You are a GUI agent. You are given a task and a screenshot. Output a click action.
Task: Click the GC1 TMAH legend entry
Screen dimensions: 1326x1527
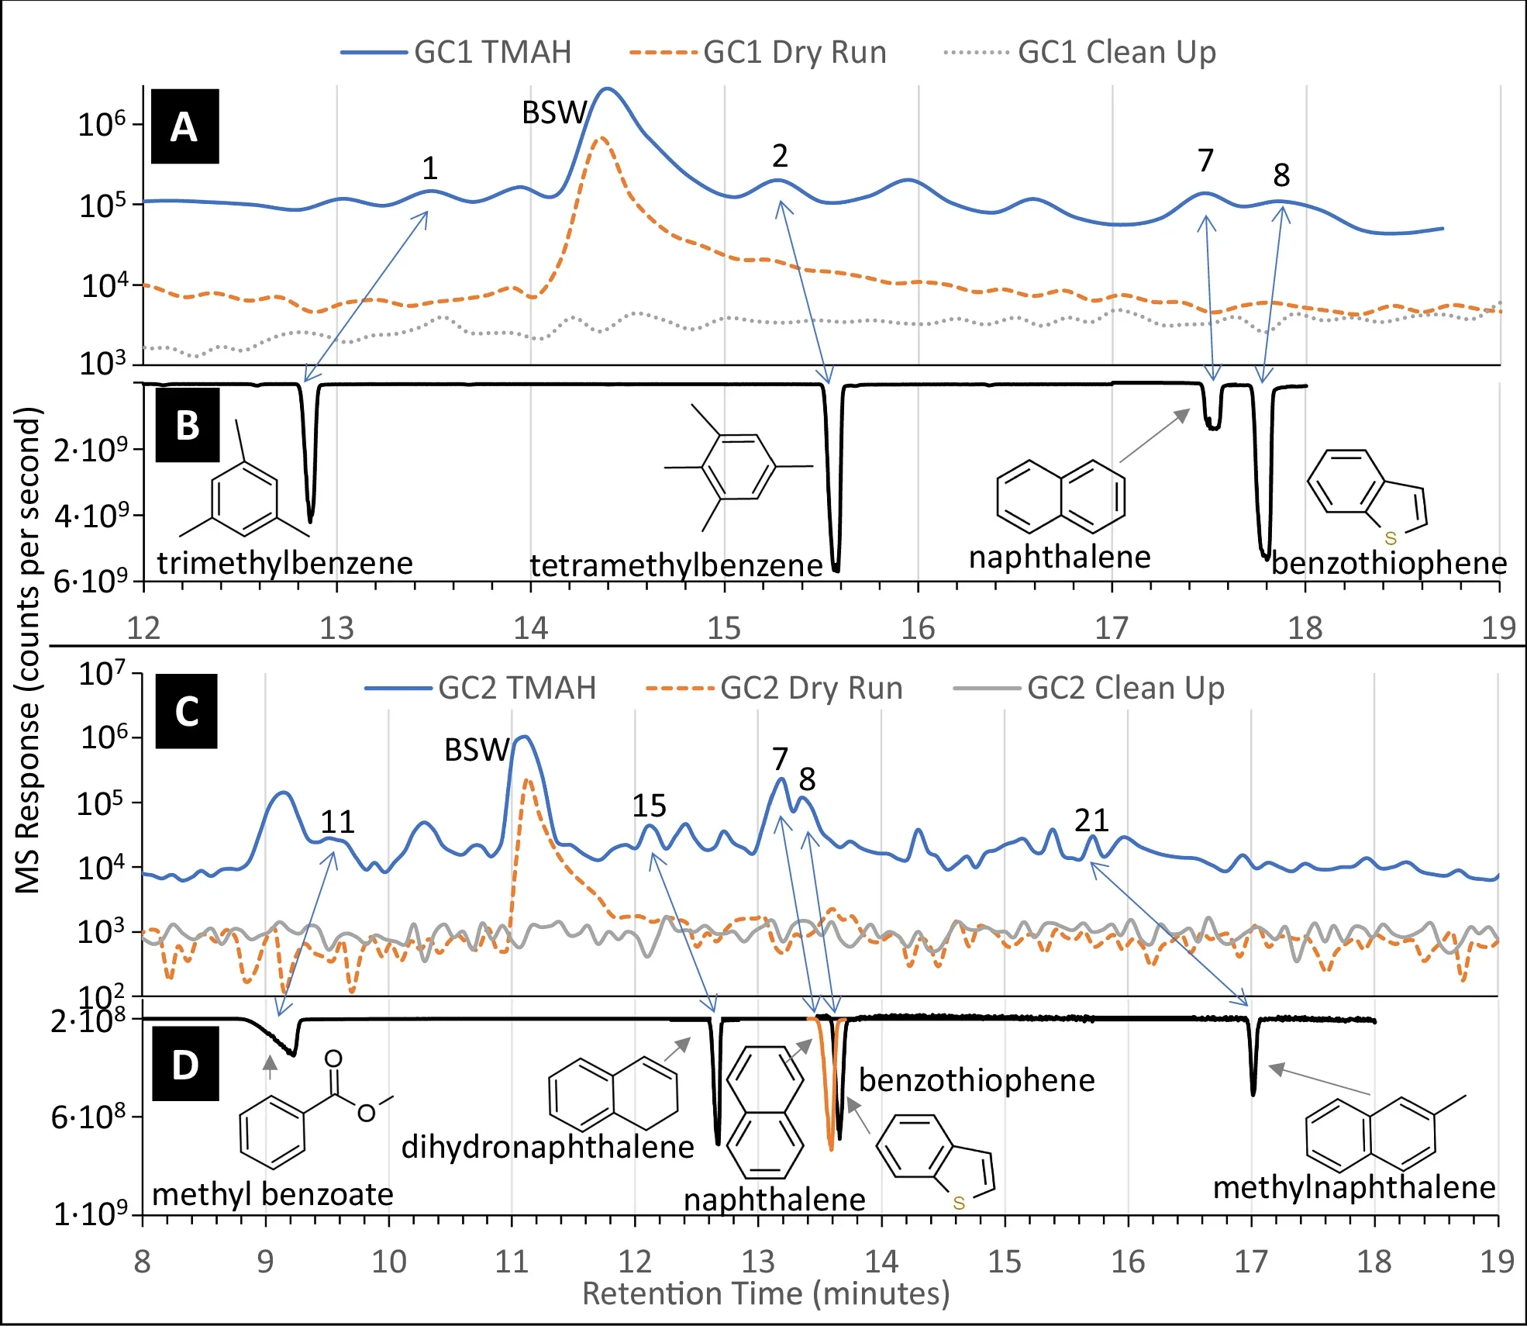tap(457, 52)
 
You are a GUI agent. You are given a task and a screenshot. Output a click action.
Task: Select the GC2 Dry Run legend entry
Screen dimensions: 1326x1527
tap(775, 688)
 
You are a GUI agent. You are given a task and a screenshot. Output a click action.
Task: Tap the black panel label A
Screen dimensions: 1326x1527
tap(184, 126)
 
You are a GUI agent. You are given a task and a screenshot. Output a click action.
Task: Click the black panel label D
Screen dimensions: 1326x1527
tap(185, 1065)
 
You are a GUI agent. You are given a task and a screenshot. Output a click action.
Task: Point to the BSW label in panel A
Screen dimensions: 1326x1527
tap(553, 113)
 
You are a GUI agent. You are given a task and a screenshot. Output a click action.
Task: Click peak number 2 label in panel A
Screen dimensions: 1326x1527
tap(779, 157)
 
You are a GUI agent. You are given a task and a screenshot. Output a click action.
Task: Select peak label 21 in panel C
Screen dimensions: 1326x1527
tap(1091, 820)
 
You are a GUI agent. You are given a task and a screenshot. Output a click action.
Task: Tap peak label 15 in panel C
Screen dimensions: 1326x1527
tap(649, 806)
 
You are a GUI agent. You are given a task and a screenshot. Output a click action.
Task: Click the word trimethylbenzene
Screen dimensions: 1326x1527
tap(285, 563)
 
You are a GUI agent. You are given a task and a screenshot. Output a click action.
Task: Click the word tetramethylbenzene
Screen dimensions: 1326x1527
tap(676, 565)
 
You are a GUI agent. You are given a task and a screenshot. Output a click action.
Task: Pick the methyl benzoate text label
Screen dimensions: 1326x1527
tap(273, 1194)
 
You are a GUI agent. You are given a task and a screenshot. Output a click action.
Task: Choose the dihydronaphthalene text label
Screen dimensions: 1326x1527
tap(547, 1147)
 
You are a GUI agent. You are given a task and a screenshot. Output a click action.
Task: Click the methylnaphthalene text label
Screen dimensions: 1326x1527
tap(1354, 1187)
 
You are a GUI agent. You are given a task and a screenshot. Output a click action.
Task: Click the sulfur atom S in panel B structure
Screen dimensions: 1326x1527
tap(1391, 538)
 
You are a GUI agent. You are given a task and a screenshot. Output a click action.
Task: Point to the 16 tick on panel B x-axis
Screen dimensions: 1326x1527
tap(918, 628)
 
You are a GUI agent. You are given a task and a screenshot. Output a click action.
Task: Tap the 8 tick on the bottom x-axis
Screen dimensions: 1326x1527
tap(143, 1262)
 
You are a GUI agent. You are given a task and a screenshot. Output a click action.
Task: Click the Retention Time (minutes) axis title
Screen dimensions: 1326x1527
tap(766, 1293)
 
